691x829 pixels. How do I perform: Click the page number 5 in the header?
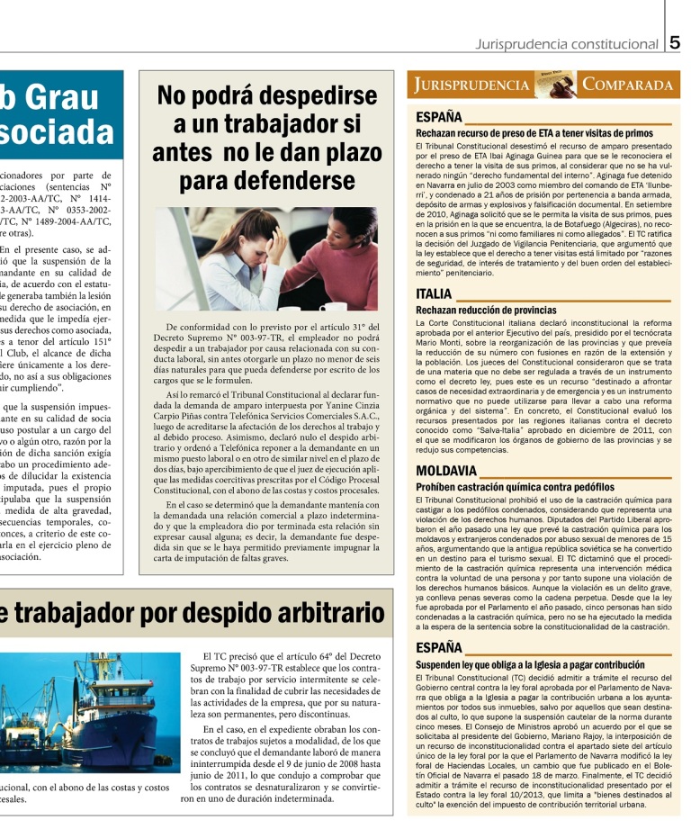point(676,42)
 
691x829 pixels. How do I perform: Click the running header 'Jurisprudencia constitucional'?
point(570,44)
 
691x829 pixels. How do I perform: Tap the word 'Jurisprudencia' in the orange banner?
point(472,86)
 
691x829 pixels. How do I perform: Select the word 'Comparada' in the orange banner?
point(628,86)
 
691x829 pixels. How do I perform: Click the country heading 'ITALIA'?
point(434,293)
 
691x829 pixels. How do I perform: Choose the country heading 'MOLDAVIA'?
point(446,471)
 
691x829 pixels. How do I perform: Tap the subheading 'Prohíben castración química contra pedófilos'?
point(516,487)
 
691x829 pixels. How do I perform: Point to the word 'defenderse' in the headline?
point(267,182)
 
